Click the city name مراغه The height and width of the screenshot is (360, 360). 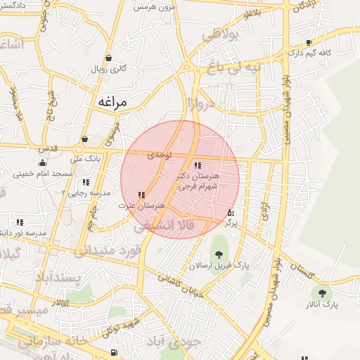(x=110, y=103)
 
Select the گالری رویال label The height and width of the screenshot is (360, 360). (x=108, y=70)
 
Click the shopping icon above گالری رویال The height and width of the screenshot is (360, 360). (x=108, y=58)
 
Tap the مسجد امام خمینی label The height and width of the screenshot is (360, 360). (x=56, y=173)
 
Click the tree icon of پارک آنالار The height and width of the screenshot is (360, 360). (x=323, y=293)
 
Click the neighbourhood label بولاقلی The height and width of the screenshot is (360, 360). (x=221, y=34)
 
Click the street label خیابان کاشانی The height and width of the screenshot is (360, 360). (x=181, y=284)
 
